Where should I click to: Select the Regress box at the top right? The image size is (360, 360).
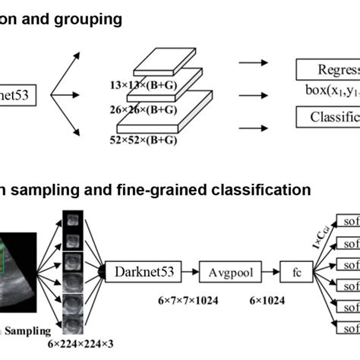(327, 71)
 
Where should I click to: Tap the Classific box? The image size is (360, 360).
(327, 117)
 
